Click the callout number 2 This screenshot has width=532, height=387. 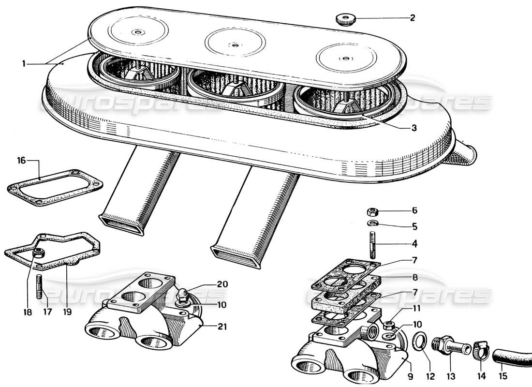pyautogui.click(x=412, y=18)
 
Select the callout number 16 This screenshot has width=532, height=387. pyautogui.click(x=21, y=161)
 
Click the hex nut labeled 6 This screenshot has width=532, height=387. pyautogui.click(x=373, y=211)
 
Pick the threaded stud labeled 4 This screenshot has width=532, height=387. pyautogui.click(x=373, y=245)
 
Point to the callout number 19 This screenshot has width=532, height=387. pyautogui.click(x=67, y=312)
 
